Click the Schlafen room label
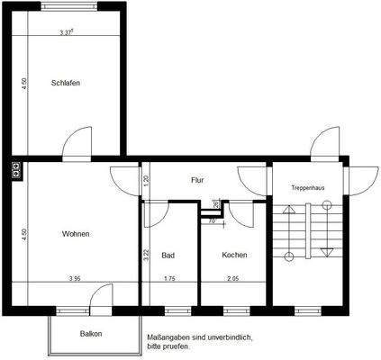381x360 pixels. pos(66,84)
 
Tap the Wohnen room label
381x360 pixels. pos(76,234)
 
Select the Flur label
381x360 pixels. pos(197,180)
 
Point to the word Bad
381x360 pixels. pos(168,255)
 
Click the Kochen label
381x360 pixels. pos(234,255)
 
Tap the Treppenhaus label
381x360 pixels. pos(307,187)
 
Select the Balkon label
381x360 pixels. pos(91,334)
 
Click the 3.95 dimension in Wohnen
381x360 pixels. pos(76,278)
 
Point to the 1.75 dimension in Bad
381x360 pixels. pos(168,278)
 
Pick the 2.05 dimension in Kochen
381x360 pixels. pos(233,278)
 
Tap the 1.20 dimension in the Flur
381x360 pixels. pos(146,179)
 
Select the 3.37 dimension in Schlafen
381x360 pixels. pos(66,33)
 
